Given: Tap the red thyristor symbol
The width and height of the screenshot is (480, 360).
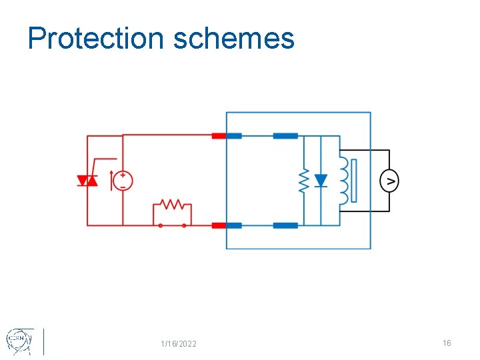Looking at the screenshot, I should tap(87, 181).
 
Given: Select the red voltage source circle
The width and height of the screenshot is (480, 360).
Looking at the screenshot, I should tap(123, 181).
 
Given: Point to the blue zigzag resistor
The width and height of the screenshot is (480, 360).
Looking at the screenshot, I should tap(303, 181).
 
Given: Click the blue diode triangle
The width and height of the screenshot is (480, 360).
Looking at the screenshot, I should tap(321, 181).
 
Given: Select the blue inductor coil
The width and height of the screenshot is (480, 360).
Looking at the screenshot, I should tap(343, 181).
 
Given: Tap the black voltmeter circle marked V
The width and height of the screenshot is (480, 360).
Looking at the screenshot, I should tap(389, 181).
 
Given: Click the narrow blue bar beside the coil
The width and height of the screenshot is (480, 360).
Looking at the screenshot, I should tap(354, 181).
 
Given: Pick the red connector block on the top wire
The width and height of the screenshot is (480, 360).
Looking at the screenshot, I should tap(219, 136).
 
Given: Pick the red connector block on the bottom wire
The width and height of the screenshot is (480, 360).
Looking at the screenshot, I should tap(219, 225).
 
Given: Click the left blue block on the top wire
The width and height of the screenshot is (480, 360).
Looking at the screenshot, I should tap(233, 136).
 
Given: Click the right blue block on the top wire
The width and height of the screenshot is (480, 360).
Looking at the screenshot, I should tap(285, 136).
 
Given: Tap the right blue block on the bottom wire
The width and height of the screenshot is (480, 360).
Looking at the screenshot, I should tap(285, 225).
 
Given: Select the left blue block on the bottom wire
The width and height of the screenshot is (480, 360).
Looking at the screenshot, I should tap(233, 225).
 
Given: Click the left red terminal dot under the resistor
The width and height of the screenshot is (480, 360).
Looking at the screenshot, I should tap(160, 225).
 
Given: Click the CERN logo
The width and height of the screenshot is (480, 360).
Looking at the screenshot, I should tap(17, 341).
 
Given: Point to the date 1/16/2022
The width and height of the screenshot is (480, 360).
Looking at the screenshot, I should tap(179, 344).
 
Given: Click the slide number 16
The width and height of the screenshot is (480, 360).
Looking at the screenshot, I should tap(447, 343).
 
